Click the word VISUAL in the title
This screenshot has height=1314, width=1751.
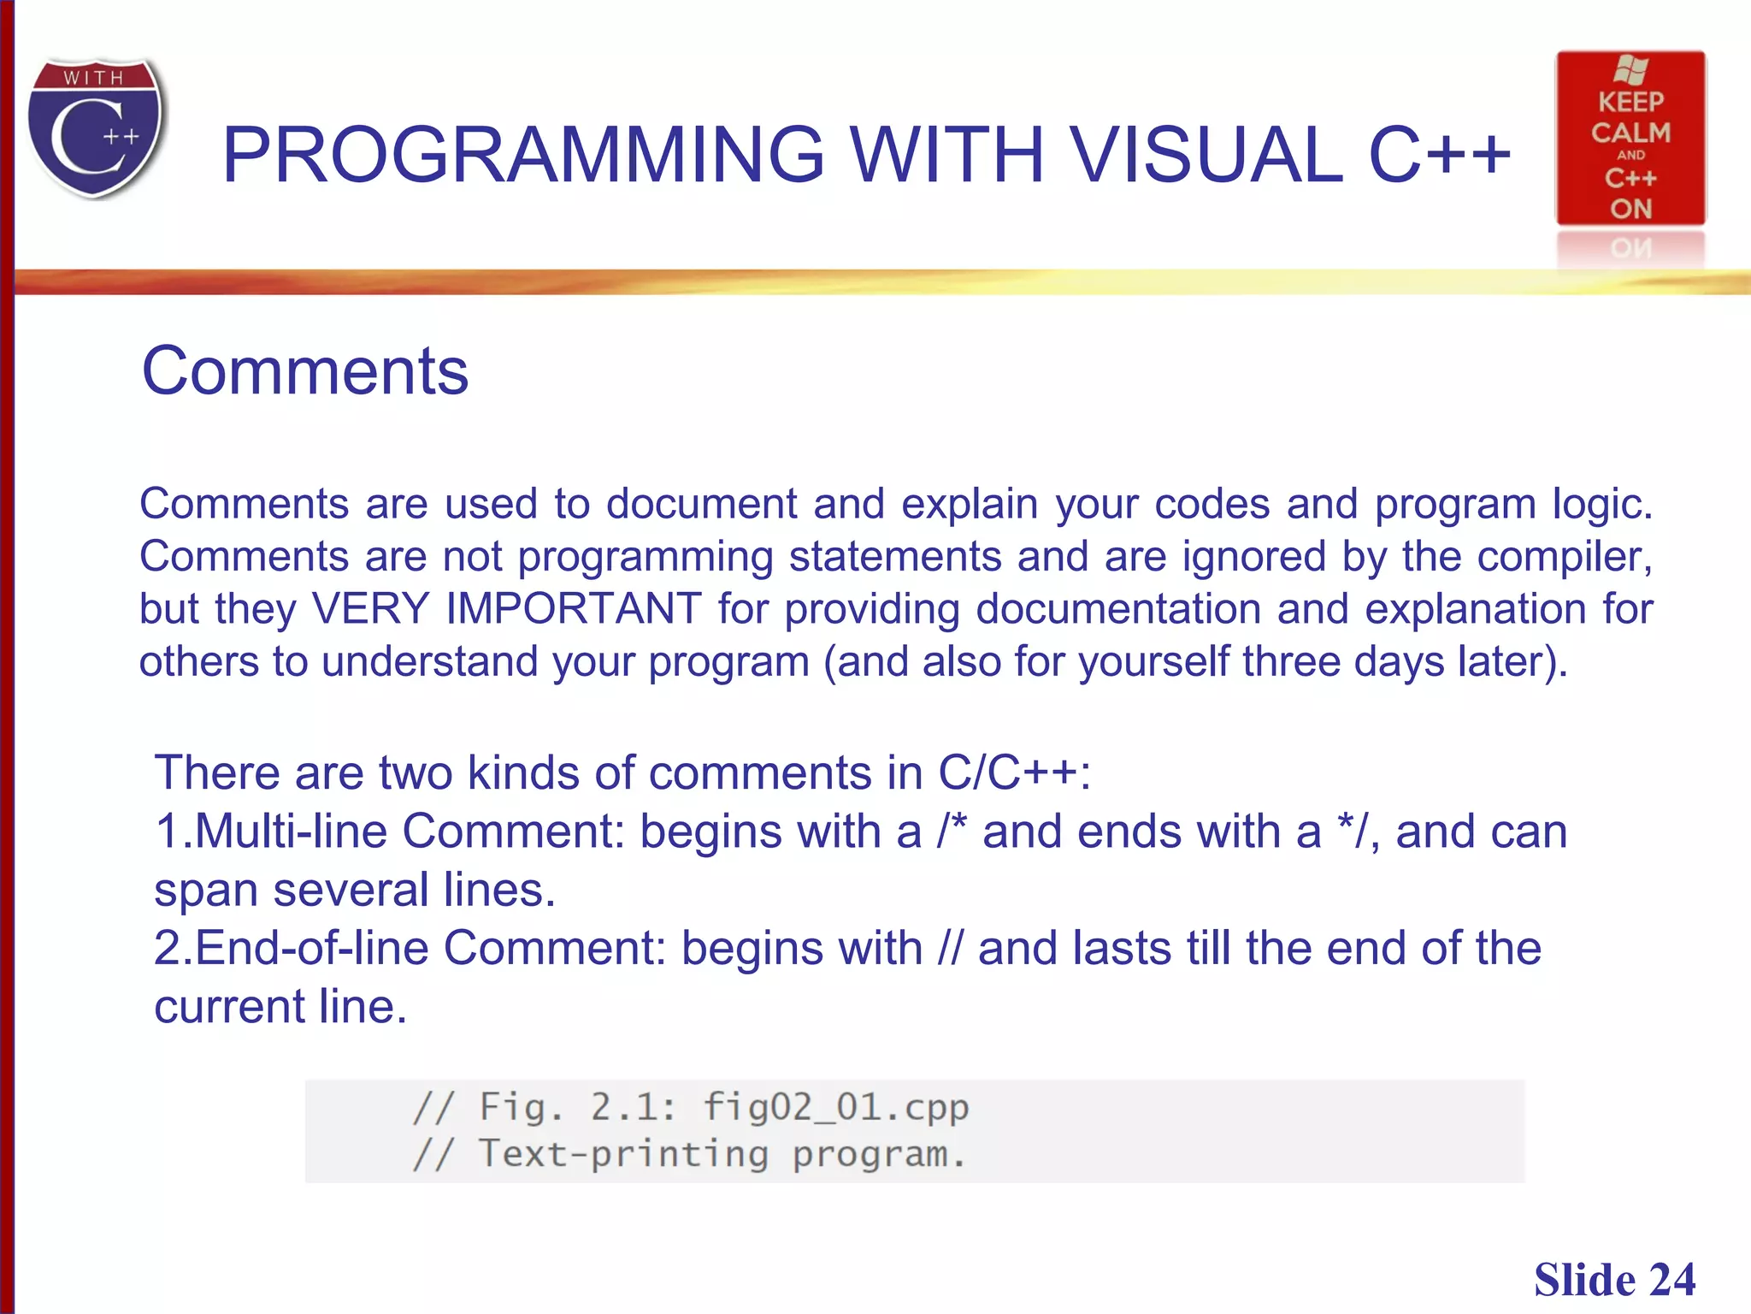click(x=1206, y=155)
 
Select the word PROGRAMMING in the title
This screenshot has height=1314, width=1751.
click(x=522, y=155)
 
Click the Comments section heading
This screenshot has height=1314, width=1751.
click(x=305, y=371)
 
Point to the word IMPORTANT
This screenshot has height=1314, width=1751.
click(x=573, y=608)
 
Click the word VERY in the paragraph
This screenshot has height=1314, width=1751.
click(x=370, y=608)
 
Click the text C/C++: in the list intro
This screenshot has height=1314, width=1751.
click(x=1014, y=772)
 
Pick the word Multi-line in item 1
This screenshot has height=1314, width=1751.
click(x=291, y=831)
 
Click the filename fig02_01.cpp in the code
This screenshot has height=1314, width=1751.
click(x=835, y=1107)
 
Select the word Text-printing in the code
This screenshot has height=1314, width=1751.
click(x=623, y=1153)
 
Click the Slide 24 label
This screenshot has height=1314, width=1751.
click(x=1613, y=1280)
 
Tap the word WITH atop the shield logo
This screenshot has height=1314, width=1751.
click(x=94, y=78)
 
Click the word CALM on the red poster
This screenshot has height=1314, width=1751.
click(x=1630, y=133)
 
